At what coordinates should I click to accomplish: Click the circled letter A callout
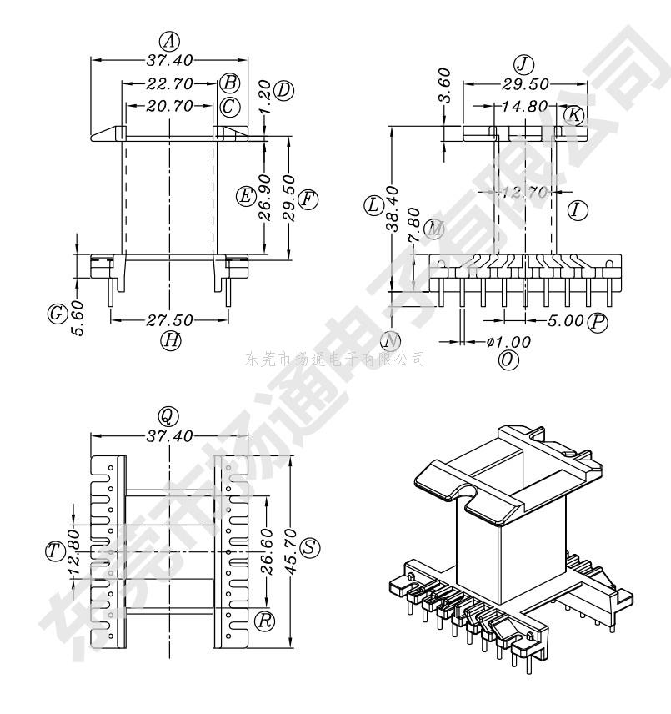tap(170, 41)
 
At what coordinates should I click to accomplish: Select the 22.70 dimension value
tap(170, 84)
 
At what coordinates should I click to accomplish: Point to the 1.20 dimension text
tap(265, 98)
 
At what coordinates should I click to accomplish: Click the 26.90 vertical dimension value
tap(265, 197)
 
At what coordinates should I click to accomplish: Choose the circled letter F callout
tap(308, 199)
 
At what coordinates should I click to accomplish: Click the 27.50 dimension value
tap(170, 319)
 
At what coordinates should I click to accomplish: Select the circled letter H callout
tap(170, 339)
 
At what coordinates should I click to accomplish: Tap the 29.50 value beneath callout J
tap(525, 84)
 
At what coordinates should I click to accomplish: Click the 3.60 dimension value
tap(444, 84)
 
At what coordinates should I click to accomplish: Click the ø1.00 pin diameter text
tap(508, 341)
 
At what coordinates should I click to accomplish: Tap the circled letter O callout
tap(507, 360)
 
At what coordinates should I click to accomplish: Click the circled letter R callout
tap(265, 621)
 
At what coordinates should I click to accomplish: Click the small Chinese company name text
tap(335, 360)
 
